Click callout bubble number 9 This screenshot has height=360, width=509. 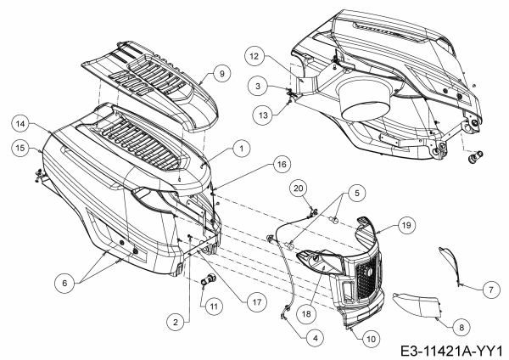click(221, 74)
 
